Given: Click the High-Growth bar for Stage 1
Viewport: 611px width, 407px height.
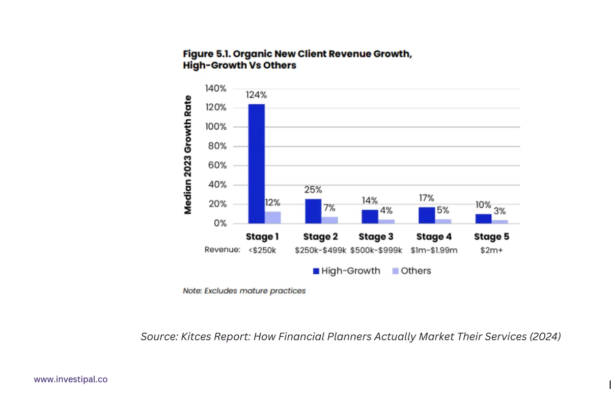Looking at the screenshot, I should (256, 163).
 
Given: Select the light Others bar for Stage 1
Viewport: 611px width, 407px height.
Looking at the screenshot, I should (273, 218).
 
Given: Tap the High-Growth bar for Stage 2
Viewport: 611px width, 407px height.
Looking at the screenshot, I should (313, 211).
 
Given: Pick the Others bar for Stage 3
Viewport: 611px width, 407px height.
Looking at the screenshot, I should (386, 221).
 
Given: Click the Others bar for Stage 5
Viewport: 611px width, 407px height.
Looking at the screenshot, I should (499, 221).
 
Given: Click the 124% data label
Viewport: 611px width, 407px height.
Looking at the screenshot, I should (256, 95).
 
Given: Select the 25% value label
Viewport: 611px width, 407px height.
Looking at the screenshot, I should (313, 190).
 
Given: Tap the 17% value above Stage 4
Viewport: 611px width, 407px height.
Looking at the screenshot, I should (426, 198).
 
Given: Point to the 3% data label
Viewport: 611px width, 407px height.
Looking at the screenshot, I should (499, 211).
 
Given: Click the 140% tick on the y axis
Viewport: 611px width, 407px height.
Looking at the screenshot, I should (216, 89).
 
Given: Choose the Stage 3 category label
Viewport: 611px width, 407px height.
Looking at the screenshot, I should (376, 237).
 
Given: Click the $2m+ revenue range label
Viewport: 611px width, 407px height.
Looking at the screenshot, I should (491, 250).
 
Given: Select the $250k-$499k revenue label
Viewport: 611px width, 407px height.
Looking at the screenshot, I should (320, 250).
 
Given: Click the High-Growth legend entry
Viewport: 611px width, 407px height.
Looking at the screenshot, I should (347, 271).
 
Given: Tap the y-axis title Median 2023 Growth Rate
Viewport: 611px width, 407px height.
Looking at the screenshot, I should (188, 155).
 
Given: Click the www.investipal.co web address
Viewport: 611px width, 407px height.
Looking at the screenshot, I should (71, 379).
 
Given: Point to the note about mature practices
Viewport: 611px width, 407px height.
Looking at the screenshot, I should (244, 291).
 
